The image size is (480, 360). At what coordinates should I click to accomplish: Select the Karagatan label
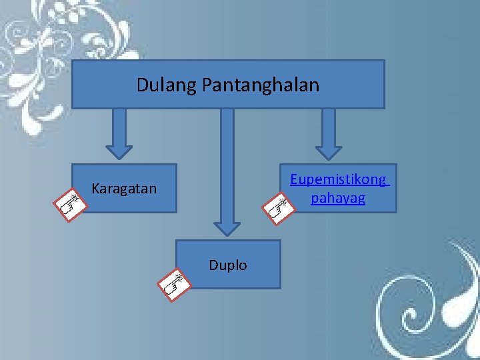click(124, 189)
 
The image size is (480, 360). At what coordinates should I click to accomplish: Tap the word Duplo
click(227, 265)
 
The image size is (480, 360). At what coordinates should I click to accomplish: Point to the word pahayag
click(338, 198)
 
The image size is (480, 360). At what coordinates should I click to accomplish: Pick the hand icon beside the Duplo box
click(174, 284)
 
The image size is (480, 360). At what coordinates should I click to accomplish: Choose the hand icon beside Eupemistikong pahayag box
click(279, 207)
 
